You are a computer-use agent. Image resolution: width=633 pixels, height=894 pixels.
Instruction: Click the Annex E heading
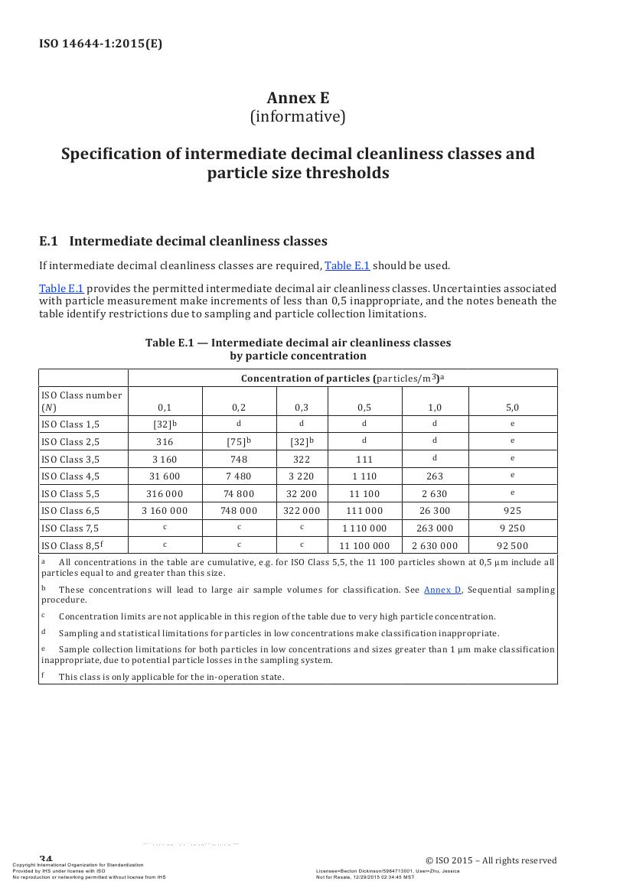[x=298, y=98]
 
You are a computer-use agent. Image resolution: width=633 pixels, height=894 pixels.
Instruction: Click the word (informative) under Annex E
[x=298, y=117]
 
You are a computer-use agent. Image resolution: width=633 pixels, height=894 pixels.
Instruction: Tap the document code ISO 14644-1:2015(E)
[x=100, y=44]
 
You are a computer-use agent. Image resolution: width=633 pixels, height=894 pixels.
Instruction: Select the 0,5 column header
[x=364, y=408]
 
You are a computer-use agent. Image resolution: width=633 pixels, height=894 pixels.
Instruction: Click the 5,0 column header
[x=512, y=408]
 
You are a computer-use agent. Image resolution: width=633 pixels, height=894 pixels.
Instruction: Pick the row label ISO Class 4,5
[x=70, y=476]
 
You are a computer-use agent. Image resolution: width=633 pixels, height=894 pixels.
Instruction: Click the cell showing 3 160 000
[x=165, y=511]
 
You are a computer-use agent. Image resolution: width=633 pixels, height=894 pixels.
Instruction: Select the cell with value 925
[x=512, y=511]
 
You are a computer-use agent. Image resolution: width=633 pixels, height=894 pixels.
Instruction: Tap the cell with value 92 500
[x=512, y=546]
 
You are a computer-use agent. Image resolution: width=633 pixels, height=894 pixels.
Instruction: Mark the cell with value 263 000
[x=435, y=528]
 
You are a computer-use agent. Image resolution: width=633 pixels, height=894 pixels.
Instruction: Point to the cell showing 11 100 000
[x=364, y=546]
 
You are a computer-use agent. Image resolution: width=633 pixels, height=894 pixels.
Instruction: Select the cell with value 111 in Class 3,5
[x=364, y=460]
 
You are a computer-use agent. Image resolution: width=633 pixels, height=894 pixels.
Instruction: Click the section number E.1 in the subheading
[x=48, y=242]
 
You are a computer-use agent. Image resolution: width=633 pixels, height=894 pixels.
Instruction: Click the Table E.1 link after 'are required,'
[x=347, y=266]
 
